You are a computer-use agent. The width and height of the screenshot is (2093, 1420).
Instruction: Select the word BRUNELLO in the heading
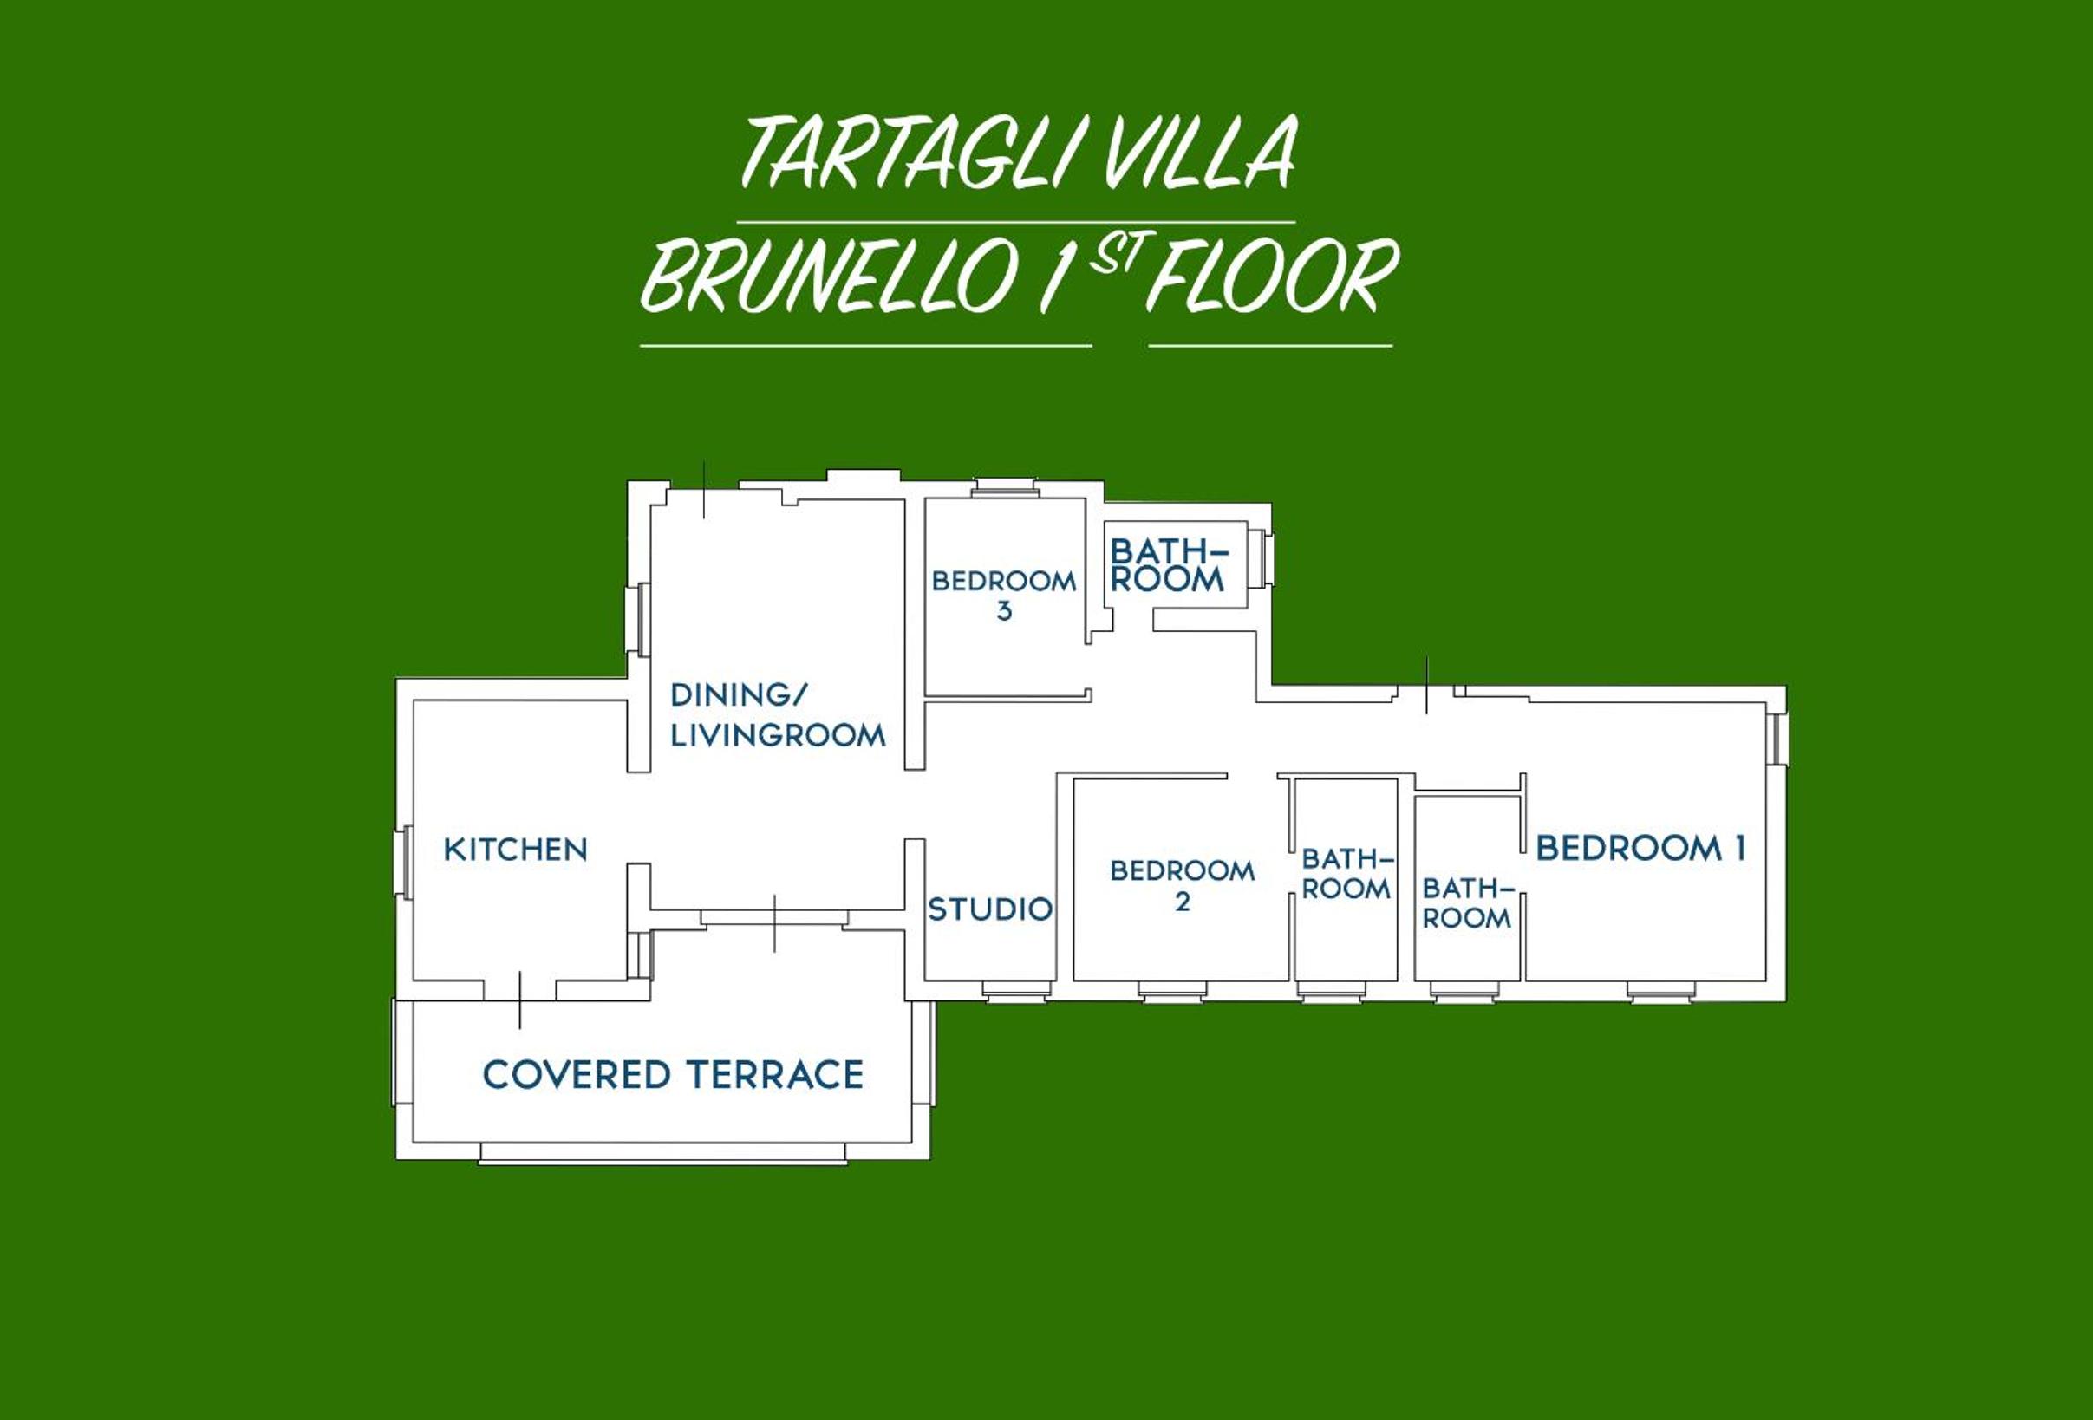point(829,277)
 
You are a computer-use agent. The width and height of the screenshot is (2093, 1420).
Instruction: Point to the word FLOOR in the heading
point(1273,277)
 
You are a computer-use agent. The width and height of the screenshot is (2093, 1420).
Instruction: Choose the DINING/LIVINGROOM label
point(778,716)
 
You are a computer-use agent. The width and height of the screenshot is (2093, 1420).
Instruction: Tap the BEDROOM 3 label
point(1004,596)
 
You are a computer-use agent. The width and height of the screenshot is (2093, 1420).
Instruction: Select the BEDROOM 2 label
point(1183,886)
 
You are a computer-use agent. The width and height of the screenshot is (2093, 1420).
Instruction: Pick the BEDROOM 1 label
point(1641,848)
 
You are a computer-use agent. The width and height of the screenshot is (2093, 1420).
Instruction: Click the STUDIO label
point(990,909)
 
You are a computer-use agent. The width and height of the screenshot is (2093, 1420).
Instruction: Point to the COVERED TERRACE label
point(673,1075)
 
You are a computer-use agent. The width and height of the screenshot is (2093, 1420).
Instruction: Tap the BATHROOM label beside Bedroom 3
point(1168,565)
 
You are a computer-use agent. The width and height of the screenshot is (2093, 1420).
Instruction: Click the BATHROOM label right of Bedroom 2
point(1346,875)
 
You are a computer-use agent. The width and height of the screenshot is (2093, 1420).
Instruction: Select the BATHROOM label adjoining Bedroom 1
point(1467,904)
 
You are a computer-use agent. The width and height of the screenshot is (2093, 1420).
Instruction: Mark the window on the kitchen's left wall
point(402,862)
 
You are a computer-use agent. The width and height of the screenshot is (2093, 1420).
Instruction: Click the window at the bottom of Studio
point(1016,991)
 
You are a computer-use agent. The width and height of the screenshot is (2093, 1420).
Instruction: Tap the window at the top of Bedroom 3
point(1005,488)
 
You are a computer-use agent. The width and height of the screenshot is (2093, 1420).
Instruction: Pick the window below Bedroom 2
point(1171,992)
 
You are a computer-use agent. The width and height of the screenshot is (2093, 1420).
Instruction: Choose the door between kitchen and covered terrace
point(519,1000)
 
